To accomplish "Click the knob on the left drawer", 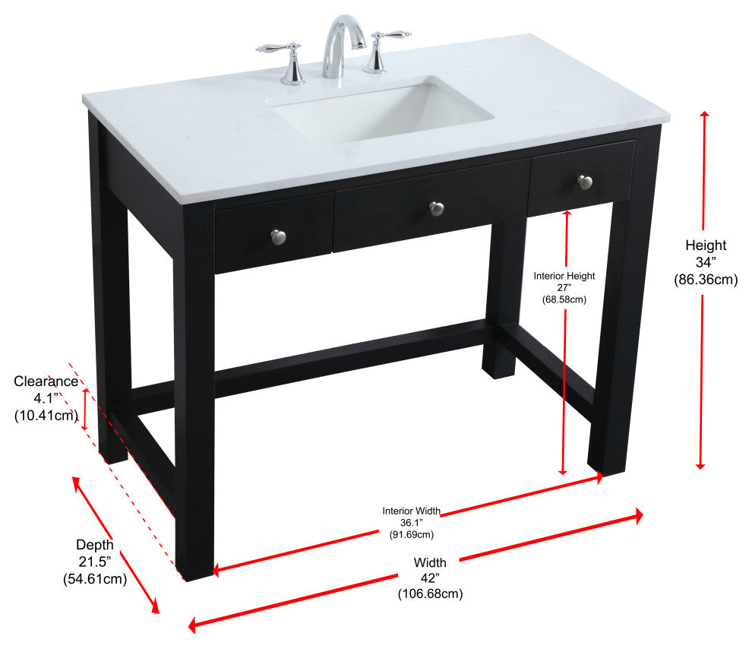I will (x=278, y=236).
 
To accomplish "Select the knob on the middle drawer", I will (x=436, y=207).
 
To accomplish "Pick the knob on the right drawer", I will (x=584, y=182).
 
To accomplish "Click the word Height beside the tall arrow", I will (x=706, y=245).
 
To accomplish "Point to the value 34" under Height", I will (x=706, y=262).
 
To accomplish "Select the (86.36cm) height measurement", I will (x=706, y=280).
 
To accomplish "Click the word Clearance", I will (x=46, y=381).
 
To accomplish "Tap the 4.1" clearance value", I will (x=46, y=398).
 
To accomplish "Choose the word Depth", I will (x=95, y=544).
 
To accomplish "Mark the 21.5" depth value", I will (x=95, y=562).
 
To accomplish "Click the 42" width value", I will (x=430, y=578).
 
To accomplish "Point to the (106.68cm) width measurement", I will (x=430, y=594).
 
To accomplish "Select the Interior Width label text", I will (x=411, y=511).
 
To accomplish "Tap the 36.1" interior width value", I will (x=411, y=523).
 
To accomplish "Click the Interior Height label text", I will (x=564, y=276).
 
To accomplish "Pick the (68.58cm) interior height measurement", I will (x=564, y=299).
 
